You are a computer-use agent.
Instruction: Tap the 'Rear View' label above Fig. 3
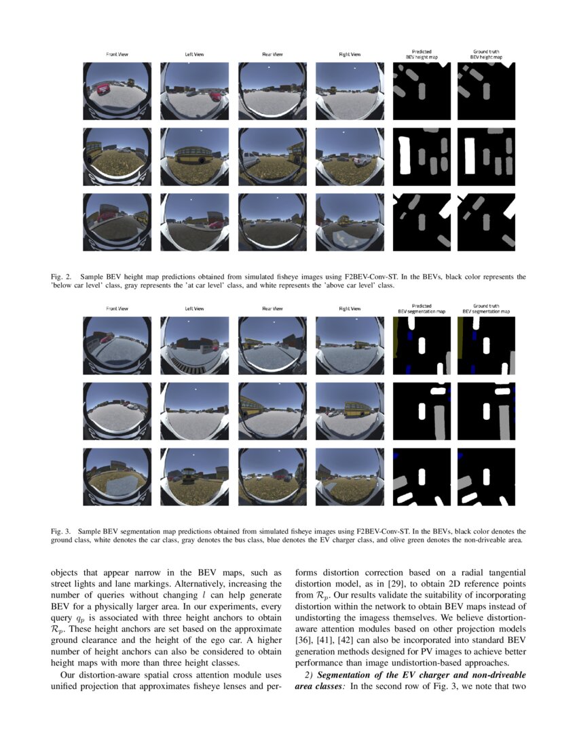point(271,308)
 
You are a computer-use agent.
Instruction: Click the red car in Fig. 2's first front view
point(103,88)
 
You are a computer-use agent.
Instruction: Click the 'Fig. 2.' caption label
point(61,277)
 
